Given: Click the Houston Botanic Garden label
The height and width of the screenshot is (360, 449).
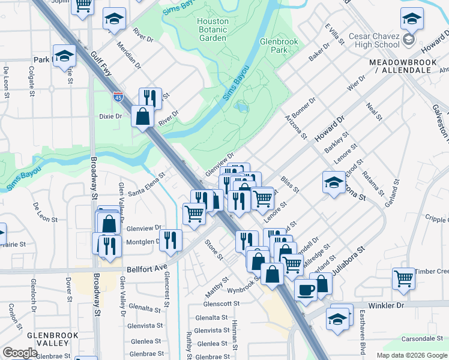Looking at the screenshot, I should point(212,29).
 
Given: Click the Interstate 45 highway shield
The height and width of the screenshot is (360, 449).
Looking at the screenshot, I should point(118,95).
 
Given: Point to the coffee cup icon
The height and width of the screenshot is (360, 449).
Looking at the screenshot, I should point(306,290).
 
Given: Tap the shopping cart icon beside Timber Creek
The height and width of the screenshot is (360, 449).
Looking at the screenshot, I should point(403,278).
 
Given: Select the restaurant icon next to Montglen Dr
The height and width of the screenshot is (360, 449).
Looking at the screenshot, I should point(171,240).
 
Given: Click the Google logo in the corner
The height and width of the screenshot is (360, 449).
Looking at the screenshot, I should point(20,353).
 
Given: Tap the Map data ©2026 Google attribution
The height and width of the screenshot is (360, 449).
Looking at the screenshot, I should point(412,355).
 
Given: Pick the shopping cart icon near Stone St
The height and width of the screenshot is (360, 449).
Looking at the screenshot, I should point(193,212).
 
